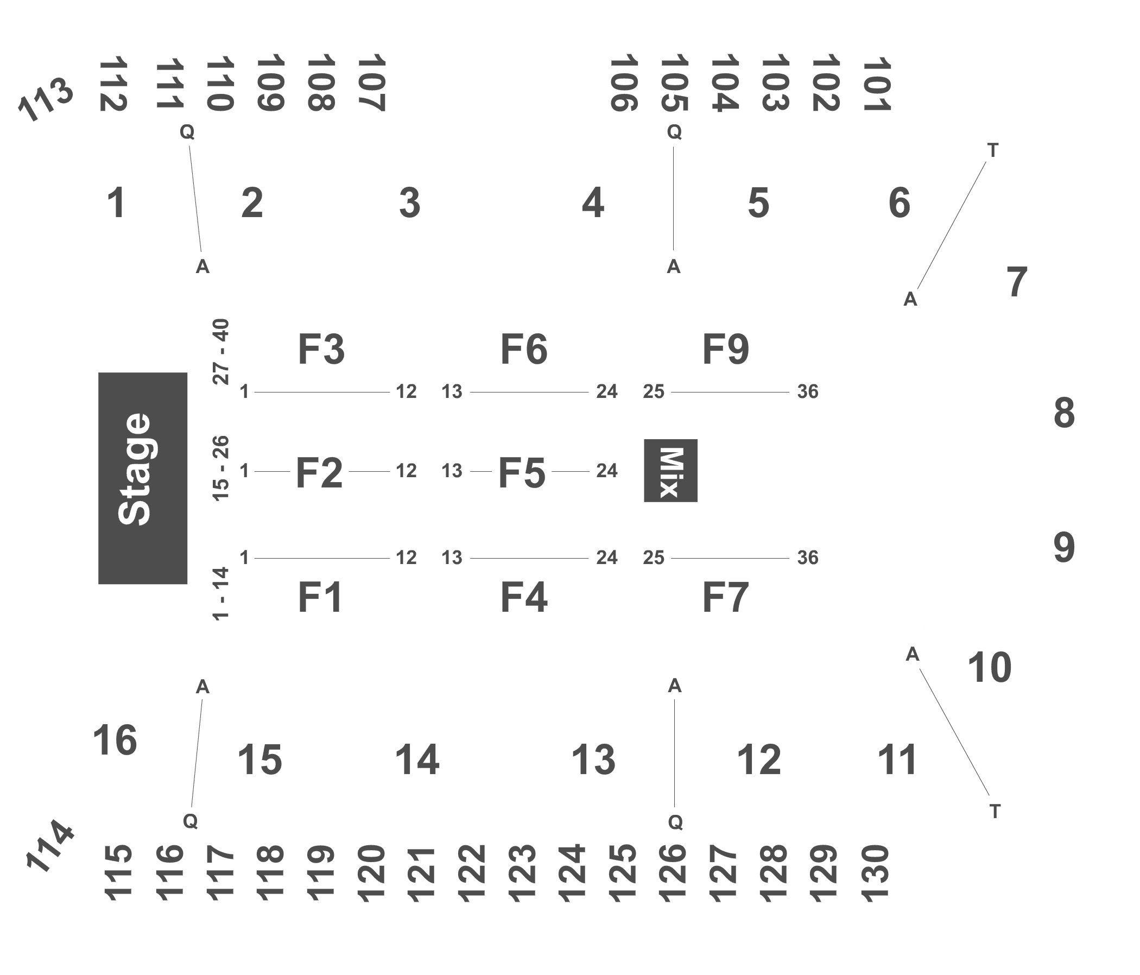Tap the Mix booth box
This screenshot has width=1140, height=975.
670,471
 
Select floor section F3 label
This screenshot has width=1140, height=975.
321,349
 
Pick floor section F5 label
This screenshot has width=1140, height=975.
522,473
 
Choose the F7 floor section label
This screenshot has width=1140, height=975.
726,598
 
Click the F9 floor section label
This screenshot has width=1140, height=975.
726,349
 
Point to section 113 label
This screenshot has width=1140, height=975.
46,99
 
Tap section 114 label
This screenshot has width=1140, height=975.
49,847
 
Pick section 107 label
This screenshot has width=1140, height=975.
371,83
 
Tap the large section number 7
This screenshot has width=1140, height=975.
1017,282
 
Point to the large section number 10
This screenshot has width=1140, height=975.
989,668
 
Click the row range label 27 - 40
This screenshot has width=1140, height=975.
221,352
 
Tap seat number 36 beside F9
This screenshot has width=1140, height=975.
808,392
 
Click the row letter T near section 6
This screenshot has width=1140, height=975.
993,151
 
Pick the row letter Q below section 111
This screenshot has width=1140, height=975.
187,132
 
